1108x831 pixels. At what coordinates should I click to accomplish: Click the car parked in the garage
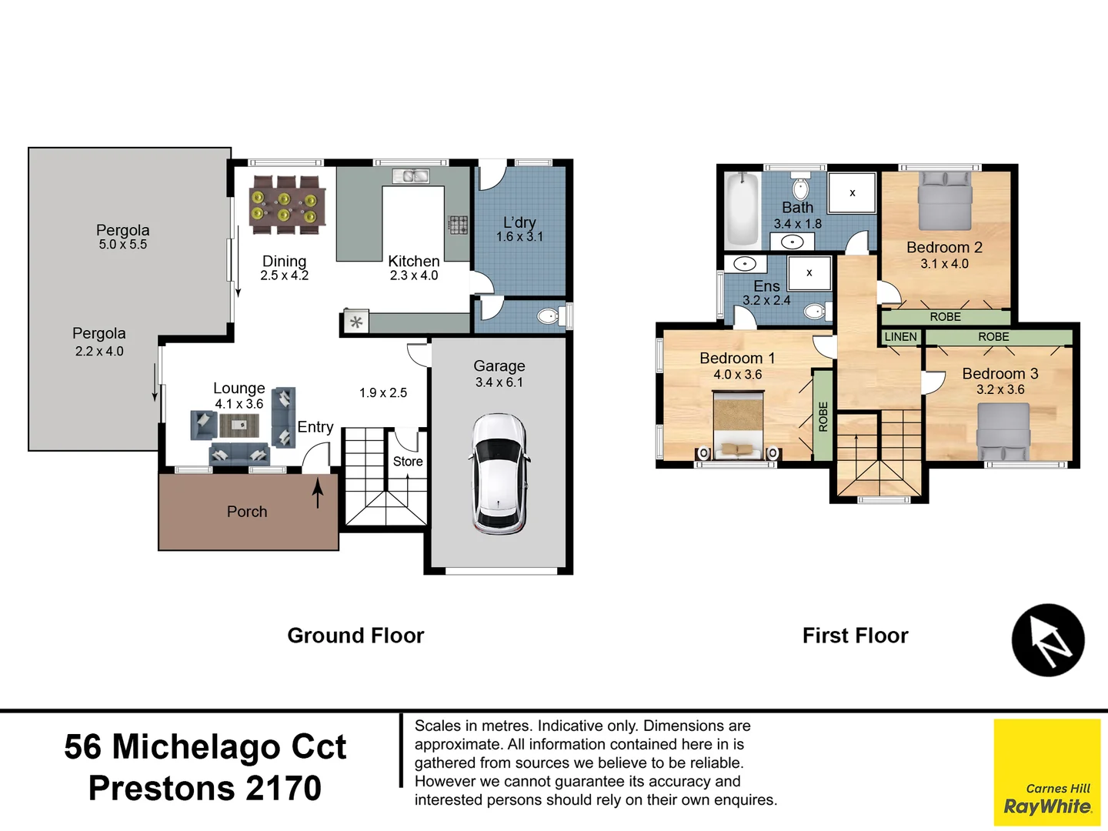pyautogui.click(x=499, y=474)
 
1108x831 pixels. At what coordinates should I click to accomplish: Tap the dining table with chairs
pyautogui.click(x=285, y=205)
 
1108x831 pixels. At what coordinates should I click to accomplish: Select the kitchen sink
pyautogui.click(x=411, y=176)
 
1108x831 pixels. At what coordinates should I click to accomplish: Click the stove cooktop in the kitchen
pyautogui.click(x=458, y=225)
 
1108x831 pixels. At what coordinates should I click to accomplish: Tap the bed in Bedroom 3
pyautogui.click(x=1003, y=432)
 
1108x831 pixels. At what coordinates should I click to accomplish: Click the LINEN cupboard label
pyautogui.click(x=900, y=337)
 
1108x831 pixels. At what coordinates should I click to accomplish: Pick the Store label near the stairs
pyautogui.click(x=408, y=462)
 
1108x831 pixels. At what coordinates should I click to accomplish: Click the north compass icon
pyautogui.click(x=1047, y=640)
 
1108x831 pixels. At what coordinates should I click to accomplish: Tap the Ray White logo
pyautogui.click(x=1046, y=773)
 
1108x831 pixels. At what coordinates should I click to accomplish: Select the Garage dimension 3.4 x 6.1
pyautogui.click(x=499, y=382)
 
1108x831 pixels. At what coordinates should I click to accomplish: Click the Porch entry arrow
pyautogui.click(x=317, y=493)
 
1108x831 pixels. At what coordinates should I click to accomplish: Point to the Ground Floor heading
pyautogui.click(x=355, y=636)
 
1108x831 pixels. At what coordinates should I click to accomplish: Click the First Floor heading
pyautogui.click(x=855, y=636)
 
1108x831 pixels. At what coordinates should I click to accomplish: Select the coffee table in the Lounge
pyautogui.click(x=239, y=425)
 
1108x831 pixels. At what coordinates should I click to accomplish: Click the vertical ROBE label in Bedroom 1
pyautogui.click(x=823, y=416)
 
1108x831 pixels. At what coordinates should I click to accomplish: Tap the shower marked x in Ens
pyautogui.click(x=809, y=273)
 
